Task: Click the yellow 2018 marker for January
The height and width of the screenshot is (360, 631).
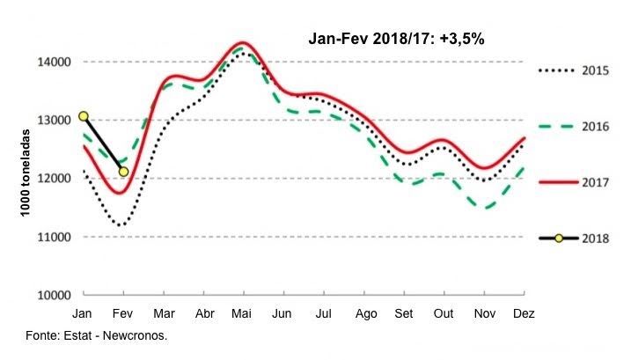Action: [x=84, y=116]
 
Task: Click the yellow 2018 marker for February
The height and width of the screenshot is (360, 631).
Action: [x=123, y=172]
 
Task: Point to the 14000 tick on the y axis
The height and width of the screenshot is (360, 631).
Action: [x=53, y=62]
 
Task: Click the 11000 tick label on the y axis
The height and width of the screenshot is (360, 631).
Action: [x=53, y=237]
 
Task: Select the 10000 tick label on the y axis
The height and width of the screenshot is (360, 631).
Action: [x=53, y=295]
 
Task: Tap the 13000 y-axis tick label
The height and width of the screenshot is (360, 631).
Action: [x=53, y=120]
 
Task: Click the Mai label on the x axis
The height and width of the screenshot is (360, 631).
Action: [x=244, y=313]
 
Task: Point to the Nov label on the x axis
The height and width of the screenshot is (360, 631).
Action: [x=484, y=313]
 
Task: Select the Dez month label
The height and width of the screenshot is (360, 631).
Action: [x=524, y=313]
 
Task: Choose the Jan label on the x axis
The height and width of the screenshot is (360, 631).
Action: [x=84, y=313]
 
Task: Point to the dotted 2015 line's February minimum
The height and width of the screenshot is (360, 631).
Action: [x=121, y=225]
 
